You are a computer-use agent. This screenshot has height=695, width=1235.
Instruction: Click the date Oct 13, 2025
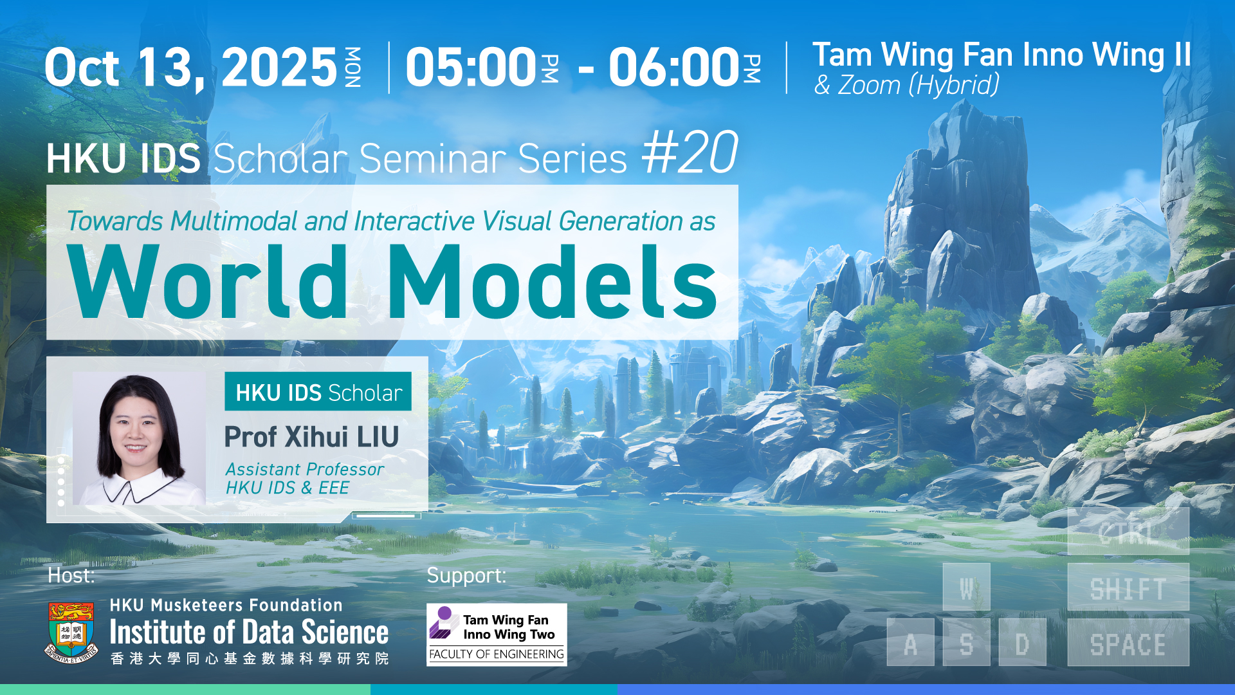[x=191, y=68]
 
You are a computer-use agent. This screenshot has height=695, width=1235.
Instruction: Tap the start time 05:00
[x=471, y=67]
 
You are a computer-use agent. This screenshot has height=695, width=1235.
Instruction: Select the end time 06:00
[x=674, y=67]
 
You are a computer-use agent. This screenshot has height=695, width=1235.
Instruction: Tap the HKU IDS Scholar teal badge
[x=318, y=391]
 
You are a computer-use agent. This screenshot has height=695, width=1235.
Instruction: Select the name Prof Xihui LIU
[x=311, y=437]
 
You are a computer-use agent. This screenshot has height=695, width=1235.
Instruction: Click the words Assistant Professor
[x=305, y=469]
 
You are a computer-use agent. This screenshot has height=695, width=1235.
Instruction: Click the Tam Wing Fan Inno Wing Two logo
[x=497, y=635]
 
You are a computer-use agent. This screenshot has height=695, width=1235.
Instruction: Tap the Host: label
[x=71, y=575]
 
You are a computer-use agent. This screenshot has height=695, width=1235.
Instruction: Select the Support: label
[x=466, y=576]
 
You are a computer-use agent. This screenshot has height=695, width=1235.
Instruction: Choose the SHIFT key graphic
[x=1128, y=588]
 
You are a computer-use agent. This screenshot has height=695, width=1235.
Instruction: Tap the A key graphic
[x=910, y=643]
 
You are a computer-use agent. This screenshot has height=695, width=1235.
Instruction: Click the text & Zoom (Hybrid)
[x=907, y=85]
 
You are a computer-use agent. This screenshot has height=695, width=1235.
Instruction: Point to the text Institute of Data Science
[x=249, y=633]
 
